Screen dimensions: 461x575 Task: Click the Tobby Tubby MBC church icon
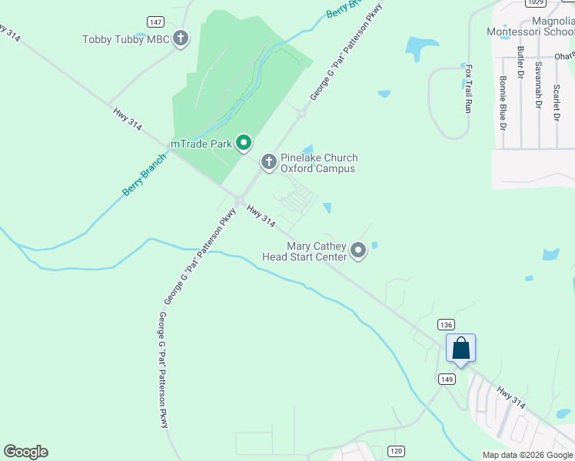coord(181,38)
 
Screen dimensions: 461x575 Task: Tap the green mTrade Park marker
coord(244,143)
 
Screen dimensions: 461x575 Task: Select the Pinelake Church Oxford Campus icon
coord(268,162)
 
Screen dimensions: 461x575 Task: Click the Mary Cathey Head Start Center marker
coord(358,250)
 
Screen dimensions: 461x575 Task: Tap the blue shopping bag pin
coord(460,349)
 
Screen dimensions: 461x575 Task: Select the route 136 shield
coord(447,324)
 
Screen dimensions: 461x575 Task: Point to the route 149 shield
coord(447,379)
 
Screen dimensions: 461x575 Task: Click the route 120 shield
coord(396,450)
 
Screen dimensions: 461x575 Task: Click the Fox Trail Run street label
coord(467,88)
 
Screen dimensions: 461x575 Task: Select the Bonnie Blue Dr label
coord(503,101)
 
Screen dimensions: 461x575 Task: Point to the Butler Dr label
coord(520,62)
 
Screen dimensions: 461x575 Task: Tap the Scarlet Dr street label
coord(556,101)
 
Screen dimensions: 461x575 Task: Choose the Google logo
coord(25,452)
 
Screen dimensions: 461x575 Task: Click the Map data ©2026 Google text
coord(527,455)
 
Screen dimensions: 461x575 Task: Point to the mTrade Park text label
coord(201,144)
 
